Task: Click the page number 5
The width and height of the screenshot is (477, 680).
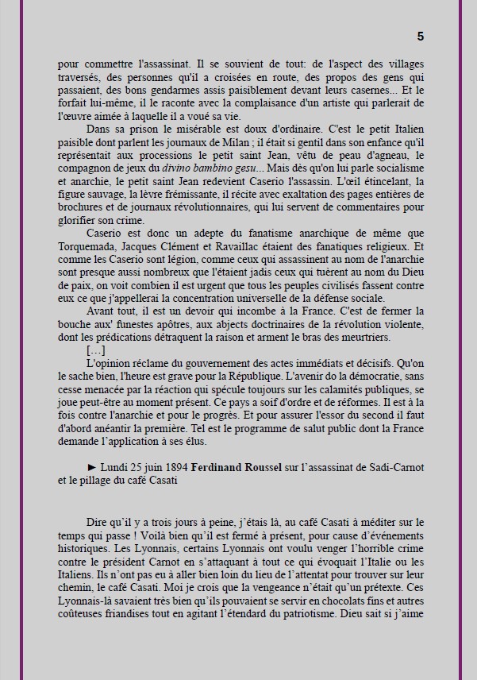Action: click(420, 36)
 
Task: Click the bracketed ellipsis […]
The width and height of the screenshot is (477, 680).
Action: click(95, 350)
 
